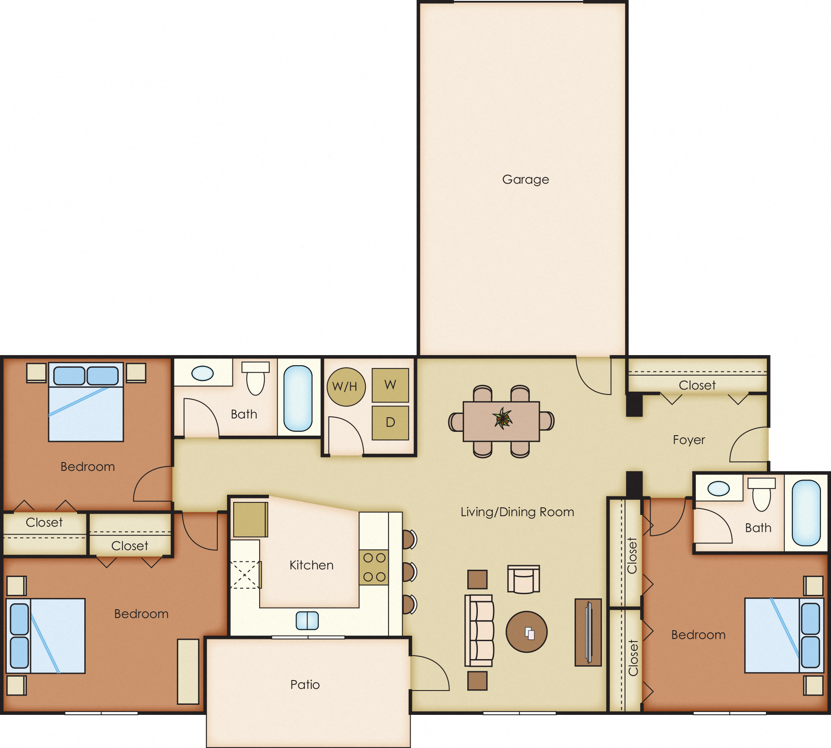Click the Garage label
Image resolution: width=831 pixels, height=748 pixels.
(525, 179)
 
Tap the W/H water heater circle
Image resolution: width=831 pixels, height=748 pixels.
(346, 387)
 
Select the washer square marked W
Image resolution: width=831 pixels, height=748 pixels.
(390, 385)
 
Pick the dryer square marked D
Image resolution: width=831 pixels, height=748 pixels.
(390, 422)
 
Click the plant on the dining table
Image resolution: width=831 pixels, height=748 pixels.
(502, 418)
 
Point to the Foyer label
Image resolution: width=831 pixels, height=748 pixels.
(688, 440)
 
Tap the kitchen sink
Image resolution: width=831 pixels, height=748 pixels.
(307, 621)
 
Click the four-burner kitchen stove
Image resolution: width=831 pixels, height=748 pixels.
(374, 568)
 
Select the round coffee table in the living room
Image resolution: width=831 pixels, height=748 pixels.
(526, 632)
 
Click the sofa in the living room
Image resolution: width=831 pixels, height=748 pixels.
(479, 630)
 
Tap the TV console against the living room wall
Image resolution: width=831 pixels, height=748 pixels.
(588, 632)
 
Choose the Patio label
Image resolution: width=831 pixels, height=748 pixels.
(305, 685)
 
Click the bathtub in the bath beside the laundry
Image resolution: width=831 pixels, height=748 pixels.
(298, 398)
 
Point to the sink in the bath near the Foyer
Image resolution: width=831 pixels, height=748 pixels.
(719, 488)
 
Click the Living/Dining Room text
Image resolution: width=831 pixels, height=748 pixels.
(517, 512)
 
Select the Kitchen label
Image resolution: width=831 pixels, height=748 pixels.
(311, 565)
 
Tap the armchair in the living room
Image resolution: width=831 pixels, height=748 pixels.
(523, 579)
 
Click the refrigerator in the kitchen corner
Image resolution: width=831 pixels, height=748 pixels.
(250, 519)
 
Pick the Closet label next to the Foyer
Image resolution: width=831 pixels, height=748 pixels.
(697, 385)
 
